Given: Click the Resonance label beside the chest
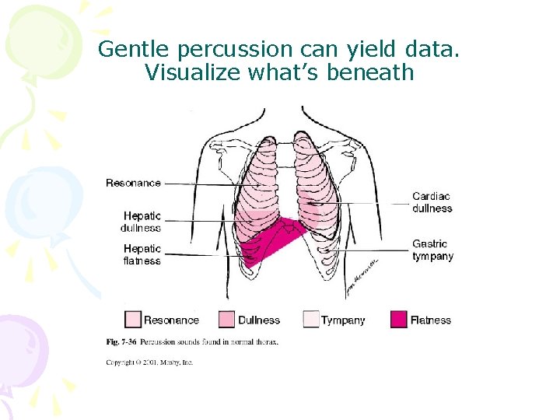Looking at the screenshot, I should [133, 184].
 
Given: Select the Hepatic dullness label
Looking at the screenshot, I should [142, 222].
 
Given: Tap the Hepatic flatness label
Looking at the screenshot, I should [142, 254].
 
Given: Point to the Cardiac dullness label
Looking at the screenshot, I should [432, 202].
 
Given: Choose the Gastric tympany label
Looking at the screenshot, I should [432, 250].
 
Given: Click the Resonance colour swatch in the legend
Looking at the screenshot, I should [133, 320].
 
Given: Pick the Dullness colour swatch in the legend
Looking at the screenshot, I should [226, 320].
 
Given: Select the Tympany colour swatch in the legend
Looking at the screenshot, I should [310, 320].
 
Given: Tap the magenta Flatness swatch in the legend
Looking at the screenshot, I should [398, 320].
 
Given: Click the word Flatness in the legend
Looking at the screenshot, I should [431, 320].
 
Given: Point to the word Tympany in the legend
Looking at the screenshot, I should [342, 320].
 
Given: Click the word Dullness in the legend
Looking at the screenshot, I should [259, 320].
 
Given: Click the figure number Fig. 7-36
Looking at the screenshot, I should [121, 341].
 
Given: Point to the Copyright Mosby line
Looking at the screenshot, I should [149, 362].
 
